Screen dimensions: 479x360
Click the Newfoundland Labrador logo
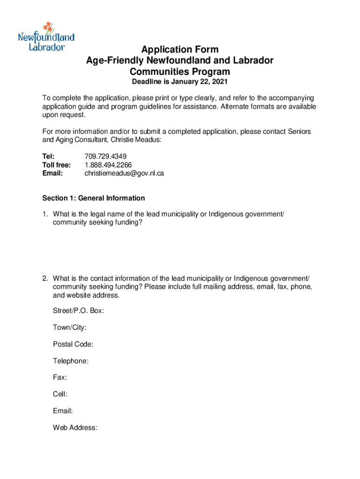tap(46, 36)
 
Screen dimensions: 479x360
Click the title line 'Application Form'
tap(180, 50)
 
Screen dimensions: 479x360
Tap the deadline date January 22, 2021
tap(203, 82)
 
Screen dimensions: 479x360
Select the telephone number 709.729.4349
tap(106, 156)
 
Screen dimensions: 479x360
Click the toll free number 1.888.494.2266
tap(108, 165)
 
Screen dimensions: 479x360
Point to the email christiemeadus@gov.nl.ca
tap(124, 173)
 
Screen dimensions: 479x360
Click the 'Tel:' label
tap(48, 156)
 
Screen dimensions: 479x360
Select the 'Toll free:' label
tap(57, 165)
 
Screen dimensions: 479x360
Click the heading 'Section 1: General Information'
tap(94, 198)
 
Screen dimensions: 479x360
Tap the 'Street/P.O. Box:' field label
tap(79, 311)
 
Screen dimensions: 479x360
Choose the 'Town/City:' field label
tap(70, 327)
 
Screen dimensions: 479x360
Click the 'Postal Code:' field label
tap(73, 344)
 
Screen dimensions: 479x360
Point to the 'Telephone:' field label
tap(71, 361)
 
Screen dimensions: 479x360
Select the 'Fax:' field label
tap(60, 377)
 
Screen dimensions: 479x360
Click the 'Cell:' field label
tap(60, 394)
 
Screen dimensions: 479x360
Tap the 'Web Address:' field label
tap(75, 427)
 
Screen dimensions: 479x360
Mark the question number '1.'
tap(45, 214)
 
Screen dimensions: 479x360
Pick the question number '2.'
tap(45, 279)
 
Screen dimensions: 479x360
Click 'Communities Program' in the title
tap(180, 72)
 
